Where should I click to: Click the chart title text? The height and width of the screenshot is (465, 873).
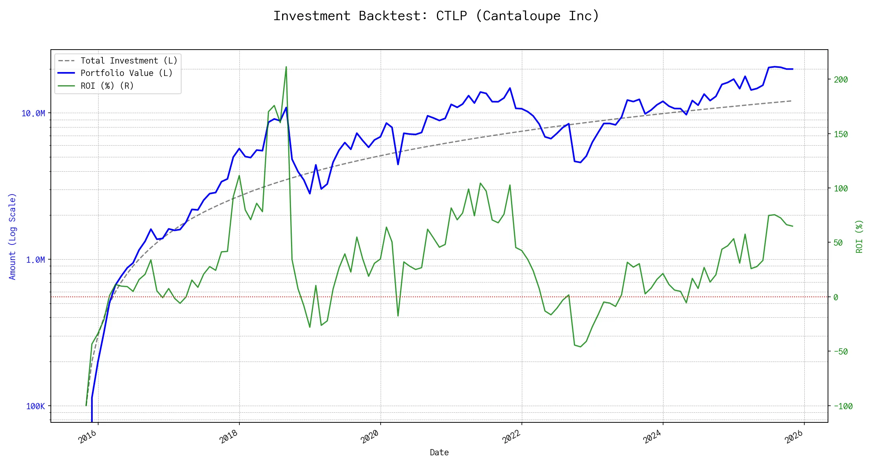tap(436, 16)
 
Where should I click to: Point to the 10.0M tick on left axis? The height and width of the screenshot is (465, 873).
tap(33, 113)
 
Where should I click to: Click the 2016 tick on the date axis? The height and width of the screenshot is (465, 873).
tap(88, 437)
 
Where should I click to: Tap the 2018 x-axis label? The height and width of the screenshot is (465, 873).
tap(229, 437)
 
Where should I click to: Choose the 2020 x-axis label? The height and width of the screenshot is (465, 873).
tap(370, 437)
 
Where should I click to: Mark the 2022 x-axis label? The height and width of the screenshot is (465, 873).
tap(511, 437)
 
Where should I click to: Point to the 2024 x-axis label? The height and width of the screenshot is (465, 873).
tap(653, 437)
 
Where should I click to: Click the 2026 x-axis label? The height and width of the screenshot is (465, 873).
tap(794, 437)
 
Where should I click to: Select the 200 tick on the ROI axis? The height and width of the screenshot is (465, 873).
tap(841, 79)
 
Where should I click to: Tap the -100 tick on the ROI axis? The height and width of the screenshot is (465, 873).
tap(843, 406)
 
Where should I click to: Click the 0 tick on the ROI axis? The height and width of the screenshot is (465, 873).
tap(836, 297)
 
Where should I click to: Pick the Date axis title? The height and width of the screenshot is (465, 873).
tap(439, 452)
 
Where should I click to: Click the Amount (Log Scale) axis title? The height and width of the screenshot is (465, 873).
tap(12, 236)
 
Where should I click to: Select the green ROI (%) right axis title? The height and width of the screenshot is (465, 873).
tap(859, 236)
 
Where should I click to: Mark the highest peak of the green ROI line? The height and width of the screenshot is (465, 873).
tap(286, 67)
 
